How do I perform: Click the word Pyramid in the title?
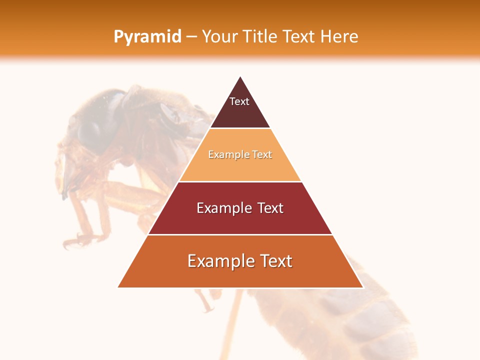coord(147,36)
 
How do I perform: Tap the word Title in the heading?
coord(260,36)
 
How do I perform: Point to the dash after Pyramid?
coord(191,37)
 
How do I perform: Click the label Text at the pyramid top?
coord(239,101)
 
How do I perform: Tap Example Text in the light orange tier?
coord(240,154)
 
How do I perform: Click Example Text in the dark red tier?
coord(240,208)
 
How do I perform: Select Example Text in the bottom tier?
coord(240,261)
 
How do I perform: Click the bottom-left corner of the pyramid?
coord(118,287)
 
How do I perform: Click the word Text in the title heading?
coord(300,36)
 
